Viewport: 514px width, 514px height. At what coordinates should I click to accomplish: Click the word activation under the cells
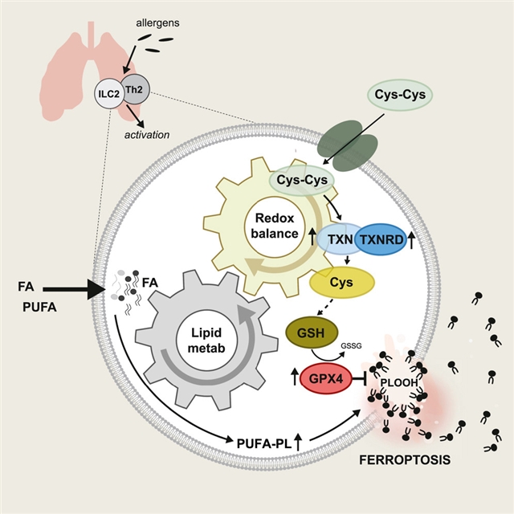pyautogui.click(x=145, y=134)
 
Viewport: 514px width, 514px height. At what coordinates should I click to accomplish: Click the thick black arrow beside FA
pyautogui.click(x=75, y=287)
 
